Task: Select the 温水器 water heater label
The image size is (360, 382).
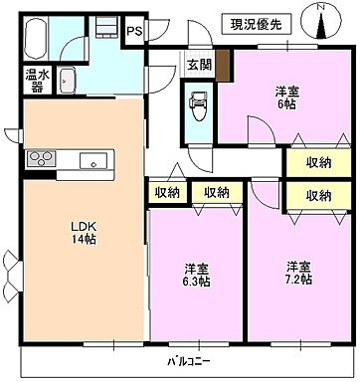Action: [x=35, y=79]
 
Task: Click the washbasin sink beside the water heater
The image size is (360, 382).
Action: [x=69, y=81]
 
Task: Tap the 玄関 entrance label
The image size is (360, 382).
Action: [x=199, y=67]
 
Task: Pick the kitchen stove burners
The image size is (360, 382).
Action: [x=43, y=158]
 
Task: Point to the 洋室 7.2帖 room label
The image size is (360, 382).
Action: [x=299, y=274]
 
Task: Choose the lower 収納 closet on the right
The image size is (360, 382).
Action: [x=318, y=196]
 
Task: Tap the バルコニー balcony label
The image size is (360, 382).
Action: [x=180, y=362]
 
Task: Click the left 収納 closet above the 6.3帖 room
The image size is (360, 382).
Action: [x=167, y=193]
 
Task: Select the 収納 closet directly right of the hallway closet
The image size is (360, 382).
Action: [x=217, y=193]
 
